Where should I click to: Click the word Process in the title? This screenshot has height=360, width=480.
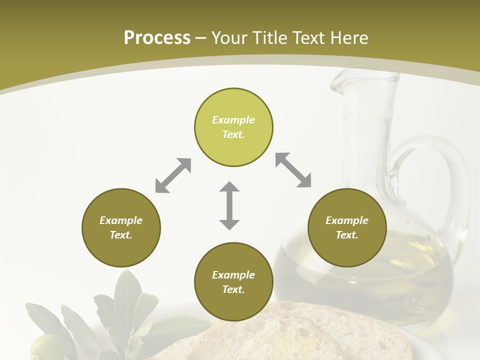157,37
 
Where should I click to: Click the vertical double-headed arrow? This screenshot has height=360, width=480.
229,205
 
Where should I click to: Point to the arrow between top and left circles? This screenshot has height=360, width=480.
173,175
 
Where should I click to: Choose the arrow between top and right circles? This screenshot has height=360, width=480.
293,170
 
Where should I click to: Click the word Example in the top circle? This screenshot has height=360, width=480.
233,120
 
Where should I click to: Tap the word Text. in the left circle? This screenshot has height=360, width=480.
121,235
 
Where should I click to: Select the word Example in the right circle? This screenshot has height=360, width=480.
347,220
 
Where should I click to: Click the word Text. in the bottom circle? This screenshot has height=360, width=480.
233,289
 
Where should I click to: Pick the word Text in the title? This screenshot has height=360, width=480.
310,37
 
